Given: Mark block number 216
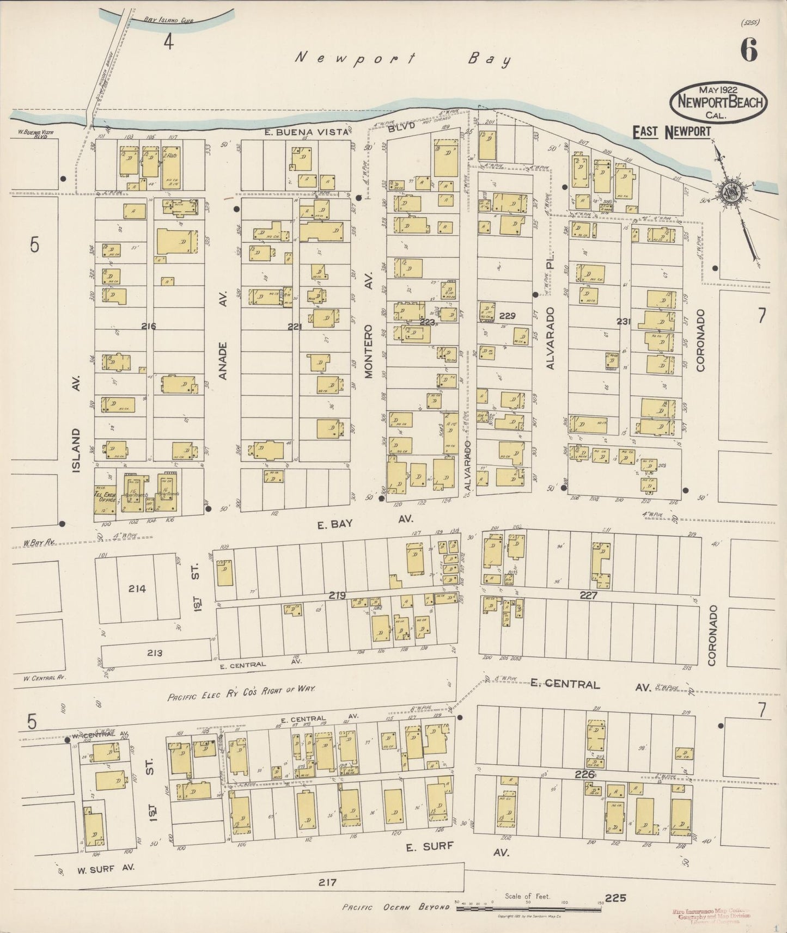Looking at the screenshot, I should click(148, 327).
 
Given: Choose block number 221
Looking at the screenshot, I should click(295, 327).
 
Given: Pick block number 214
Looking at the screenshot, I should click(137, 588).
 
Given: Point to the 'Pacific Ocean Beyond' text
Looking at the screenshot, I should click(396, 907).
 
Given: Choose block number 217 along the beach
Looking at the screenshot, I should click(329, 882).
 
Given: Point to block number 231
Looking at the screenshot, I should click(624, 322).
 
